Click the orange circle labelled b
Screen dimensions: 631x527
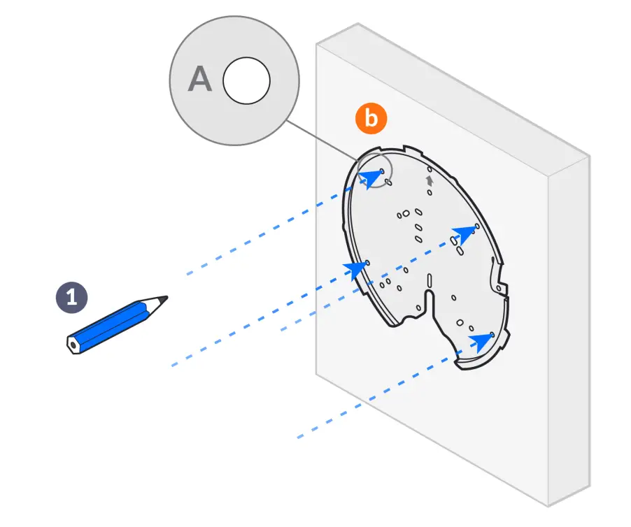371,119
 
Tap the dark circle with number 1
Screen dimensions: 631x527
71,297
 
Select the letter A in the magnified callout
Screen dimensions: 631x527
201,80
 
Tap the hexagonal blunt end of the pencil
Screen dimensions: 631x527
72,345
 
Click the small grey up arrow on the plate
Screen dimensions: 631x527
430,180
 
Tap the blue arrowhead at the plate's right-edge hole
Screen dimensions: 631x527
463,235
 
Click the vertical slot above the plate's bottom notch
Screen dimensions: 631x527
430,281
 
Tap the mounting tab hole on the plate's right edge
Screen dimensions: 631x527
497,287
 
